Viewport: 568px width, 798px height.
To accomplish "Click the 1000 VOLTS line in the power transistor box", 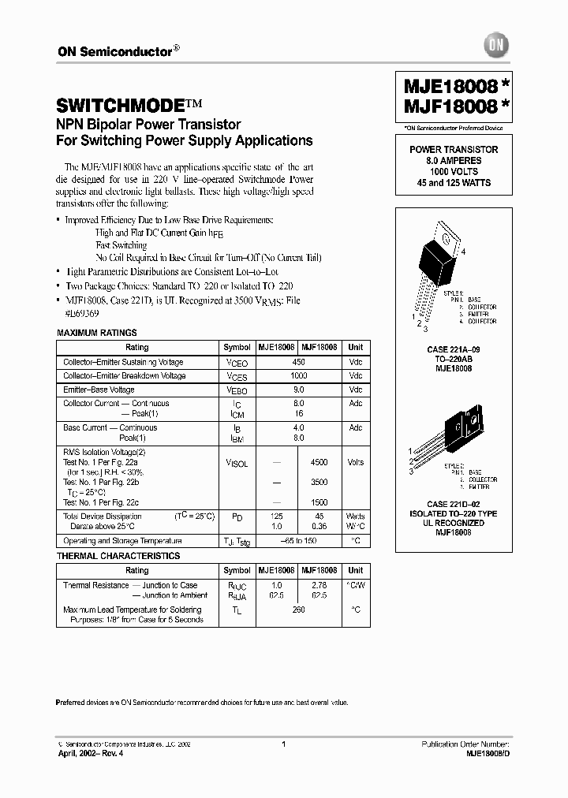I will [453, 171].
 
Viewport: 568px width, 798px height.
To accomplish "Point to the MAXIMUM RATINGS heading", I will [97, 333].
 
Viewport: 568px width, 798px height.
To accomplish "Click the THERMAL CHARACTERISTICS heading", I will [118, 556].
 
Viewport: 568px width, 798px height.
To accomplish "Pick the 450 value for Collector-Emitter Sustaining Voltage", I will [298, 363].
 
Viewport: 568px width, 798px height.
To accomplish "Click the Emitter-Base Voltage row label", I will [99, 390].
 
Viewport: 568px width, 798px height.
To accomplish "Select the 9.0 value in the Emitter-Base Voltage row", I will [298, 390].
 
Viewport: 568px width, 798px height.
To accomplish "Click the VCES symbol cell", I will [237, 377].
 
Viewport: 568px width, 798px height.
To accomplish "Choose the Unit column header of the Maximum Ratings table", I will [356, 347].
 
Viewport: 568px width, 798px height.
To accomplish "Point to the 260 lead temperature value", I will [298, 610].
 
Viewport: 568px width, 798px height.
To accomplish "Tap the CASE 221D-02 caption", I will [453, 503].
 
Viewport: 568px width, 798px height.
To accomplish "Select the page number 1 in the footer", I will [283, 744].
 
